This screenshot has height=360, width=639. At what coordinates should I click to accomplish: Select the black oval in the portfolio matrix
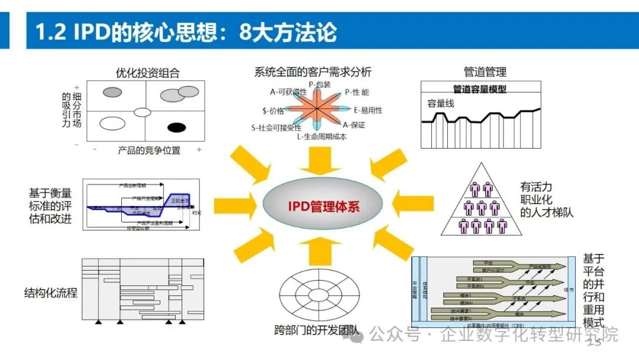[x=176, y=127]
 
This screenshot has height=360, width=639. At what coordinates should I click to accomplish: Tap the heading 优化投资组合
[x=148, y=73]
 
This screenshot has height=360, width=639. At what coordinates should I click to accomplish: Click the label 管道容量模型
[x=480, y=89]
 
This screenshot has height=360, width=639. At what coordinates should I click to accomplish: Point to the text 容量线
[x=441, y=103]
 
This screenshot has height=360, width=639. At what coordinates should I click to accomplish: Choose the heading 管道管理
[x=485, y=72]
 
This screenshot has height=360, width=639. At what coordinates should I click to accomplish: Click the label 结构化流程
[x=51, y=292]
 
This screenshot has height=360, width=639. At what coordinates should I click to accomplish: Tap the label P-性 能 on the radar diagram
[x=357, y=92]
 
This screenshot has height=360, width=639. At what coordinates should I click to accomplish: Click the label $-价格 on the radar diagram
[x=273, y=110]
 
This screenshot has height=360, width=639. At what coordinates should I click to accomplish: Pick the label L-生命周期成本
[x=322, y=137]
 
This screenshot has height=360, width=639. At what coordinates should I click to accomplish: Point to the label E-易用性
[x=368, y=110]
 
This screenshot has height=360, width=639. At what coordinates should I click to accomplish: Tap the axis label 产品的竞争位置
[x=149, y=150]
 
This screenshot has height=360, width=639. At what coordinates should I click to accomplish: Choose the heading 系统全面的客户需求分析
[x=313, y=72]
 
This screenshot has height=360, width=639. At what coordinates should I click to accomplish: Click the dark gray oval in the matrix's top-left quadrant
[x=112, y=92]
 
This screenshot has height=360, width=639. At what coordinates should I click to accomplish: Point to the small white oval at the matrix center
[x=143, y=112]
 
